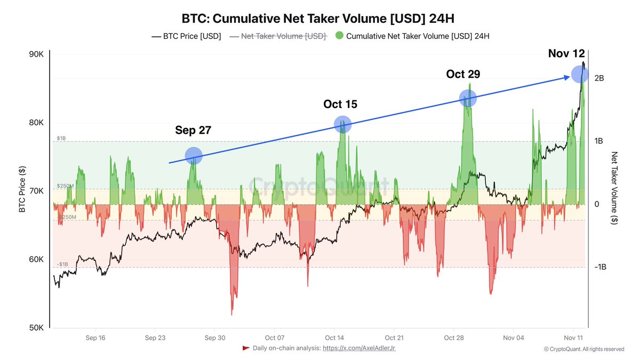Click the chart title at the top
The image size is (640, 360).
click(x=318, y=19)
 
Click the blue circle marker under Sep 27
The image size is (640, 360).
click(x=194, y=155)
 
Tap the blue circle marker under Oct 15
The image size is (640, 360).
click(x=342, y=124)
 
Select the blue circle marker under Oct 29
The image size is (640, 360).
click(x=468, y=98)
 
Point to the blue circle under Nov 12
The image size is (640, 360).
click(x=580, y=75)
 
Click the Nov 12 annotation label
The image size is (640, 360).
click(x=566, y=53)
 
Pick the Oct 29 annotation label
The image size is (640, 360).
click(x=463, y=74)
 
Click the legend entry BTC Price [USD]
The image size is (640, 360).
click(x=186, y=37)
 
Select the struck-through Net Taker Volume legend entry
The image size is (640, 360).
click(x=278, y=37)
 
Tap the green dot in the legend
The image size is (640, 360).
click(x=339, y=36)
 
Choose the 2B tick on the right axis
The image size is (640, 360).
click(x=598, y=78)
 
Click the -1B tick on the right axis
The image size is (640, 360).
click(x=600, y=267)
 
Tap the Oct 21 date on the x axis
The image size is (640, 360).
click(x=394, y=338)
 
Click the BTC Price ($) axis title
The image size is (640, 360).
click(x=22, y=189)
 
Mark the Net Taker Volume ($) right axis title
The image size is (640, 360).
click(x=614, y=188)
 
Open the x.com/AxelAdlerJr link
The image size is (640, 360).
click(x=359, y=348)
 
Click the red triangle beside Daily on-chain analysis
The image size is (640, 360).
click(x=246, y=348)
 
